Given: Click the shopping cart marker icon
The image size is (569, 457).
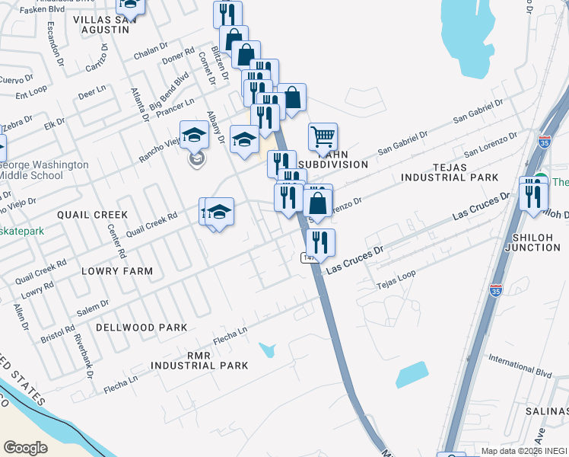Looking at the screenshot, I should point(323,138).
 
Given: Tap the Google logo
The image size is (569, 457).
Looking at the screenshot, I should point(25,448).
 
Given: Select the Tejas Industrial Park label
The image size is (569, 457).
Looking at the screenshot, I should point(450,171).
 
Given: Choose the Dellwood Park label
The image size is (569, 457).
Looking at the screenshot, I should point(141,328).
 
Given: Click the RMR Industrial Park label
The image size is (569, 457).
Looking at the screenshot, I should point(199,360).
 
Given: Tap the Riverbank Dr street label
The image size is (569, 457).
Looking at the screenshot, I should point(82,358).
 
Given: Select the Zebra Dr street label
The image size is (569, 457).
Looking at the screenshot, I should point(17,122).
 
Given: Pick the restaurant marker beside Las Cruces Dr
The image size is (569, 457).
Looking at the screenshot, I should point(320,242).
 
